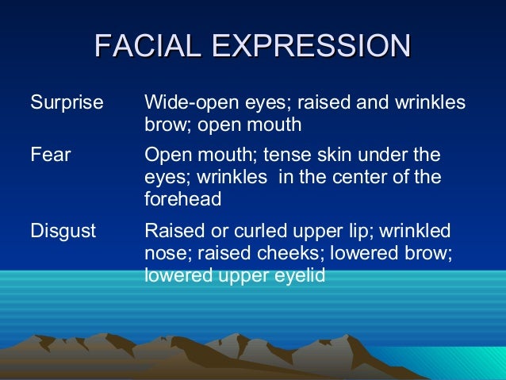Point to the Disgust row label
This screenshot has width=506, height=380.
coord(63,231)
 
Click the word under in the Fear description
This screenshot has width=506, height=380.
coord(379,155)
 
